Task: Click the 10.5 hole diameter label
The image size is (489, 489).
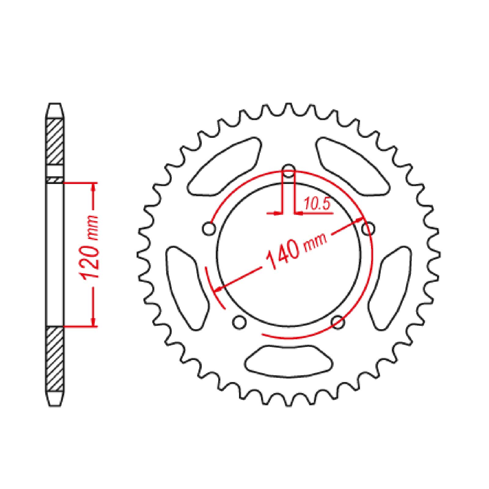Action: pyautogui.click(x=317, y=204)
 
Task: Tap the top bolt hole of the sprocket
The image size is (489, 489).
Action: pyautogui.click(x=289, y=171)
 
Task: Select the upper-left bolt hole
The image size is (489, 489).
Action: pyautogui.click(x=209, y=229)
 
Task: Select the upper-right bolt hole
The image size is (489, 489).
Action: pyautogui.click(x=368, y=229)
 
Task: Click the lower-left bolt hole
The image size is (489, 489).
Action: pyautogui.click(x=239, y=322)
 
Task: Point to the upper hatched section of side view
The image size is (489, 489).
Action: pyautogui.click(x=55, y=141)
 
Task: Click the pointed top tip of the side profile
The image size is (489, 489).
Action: pyautogui.click(x=55, y=104)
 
